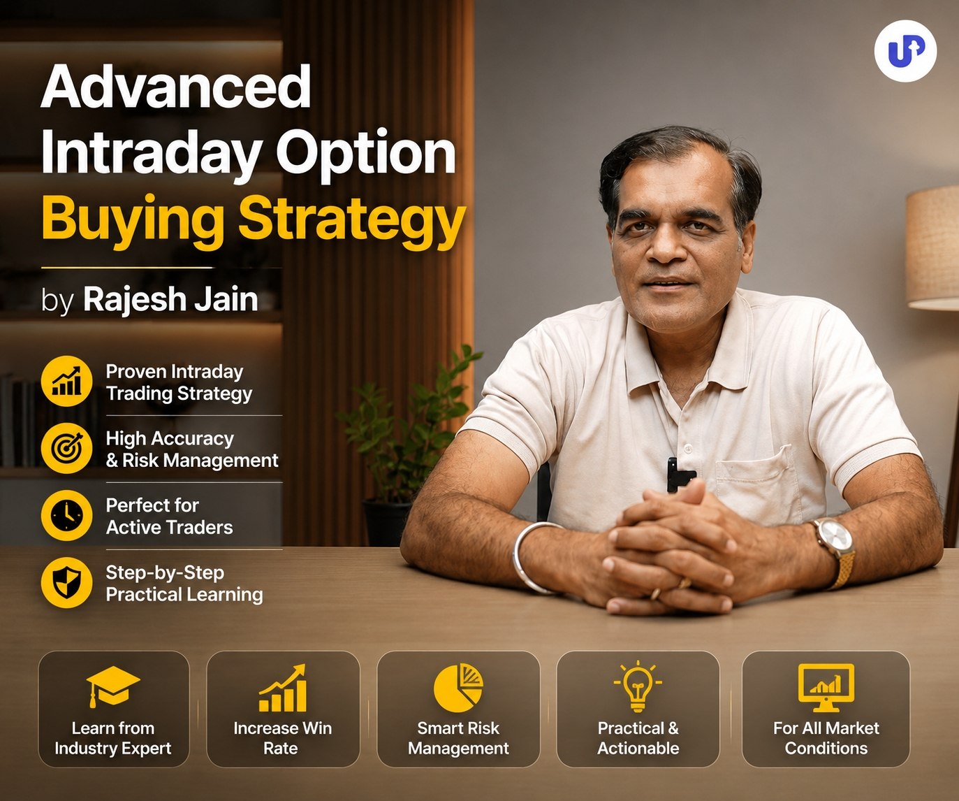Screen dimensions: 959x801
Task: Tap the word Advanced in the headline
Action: click(x=176, y=86)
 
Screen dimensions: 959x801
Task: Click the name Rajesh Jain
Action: click(x=170, y=299)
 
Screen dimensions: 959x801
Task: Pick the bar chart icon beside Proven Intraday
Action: click(x=66, y=381)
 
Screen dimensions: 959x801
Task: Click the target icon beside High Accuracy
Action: click(x=66, y=448)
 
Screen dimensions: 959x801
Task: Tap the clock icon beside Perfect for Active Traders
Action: click(x=66, y=515)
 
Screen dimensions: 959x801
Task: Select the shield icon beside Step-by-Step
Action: click(x=66, y=582)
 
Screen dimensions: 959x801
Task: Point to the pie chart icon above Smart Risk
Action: click(x=458, y=688)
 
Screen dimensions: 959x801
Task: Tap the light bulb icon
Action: click(x=638, y=686)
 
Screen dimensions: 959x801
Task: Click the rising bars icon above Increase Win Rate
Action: click(x=282, y=688)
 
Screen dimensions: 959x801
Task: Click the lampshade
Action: click(x=933, y=248)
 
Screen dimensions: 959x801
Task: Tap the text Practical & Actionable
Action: click(x=638, y=738)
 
